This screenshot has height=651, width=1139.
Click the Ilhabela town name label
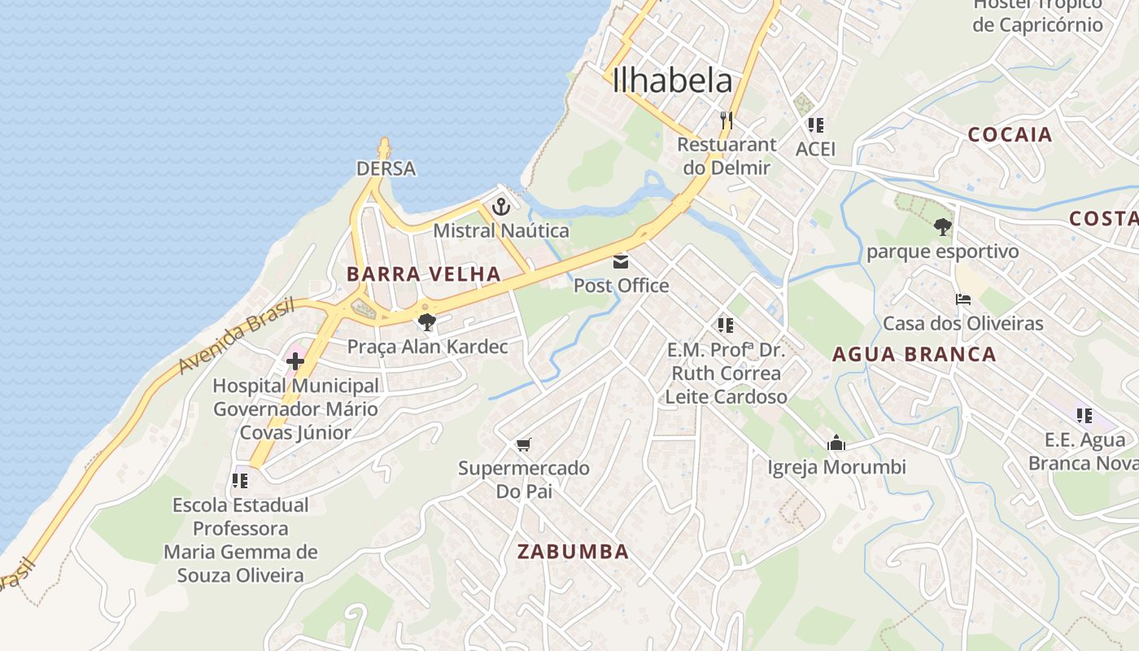[672, 81]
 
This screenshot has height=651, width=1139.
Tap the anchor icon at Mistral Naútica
[501, 206]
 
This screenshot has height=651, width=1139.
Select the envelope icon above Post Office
[621, 261]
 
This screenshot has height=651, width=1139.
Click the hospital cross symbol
[295, 360]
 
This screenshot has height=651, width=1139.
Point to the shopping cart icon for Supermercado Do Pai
[524, 444]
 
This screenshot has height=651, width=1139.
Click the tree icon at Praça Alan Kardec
[426, 321]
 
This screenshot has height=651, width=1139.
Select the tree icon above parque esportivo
[942, 227]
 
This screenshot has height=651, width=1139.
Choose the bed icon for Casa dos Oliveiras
[963, 299]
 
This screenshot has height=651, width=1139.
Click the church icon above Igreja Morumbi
[836, 443]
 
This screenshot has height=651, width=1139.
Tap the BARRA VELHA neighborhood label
[423, 274]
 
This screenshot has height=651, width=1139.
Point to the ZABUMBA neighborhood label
[573, 552]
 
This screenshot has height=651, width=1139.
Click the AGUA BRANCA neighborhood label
[914, 354]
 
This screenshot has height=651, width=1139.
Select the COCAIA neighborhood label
[1010, 135]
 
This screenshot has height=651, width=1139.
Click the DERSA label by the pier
[386, 168]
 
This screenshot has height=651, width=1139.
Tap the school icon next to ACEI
[815, 125]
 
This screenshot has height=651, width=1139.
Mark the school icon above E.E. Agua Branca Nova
[1084, 416]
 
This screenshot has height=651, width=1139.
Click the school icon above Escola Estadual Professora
[239, 481]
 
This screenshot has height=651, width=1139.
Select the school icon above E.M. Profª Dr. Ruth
[726, 325]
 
